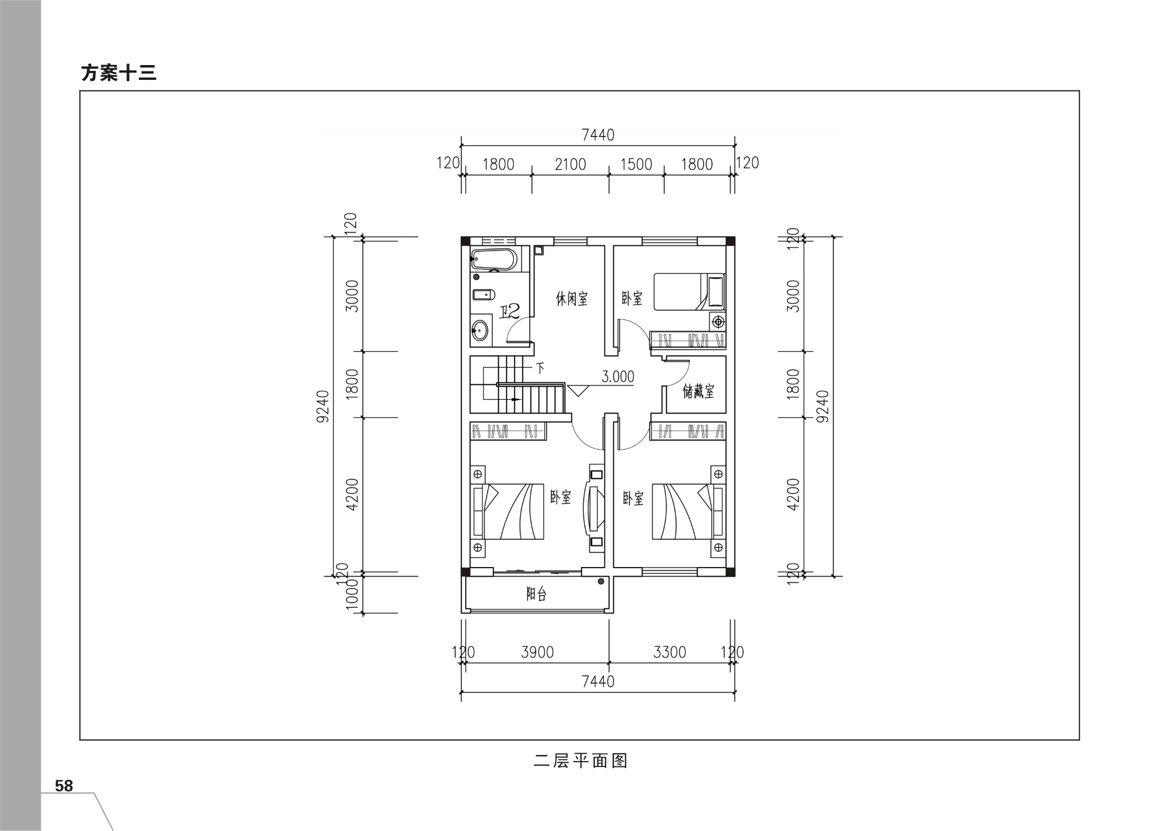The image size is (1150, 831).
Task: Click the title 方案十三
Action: pyautogui.click(x=119, y=73)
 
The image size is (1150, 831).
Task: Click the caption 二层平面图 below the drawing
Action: pyautogui.click(x=581, y=761)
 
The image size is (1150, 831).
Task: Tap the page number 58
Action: pyautogui.click(x=64, y=786)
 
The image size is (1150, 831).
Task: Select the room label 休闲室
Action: pyautogui.click(x=572, y=299)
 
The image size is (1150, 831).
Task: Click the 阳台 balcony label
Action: pyautogui.click(x=537, y=594)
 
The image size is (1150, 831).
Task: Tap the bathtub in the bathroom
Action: pyautogui.click(x=494, y=259)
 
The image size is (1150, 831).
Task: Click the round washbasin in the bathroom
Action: pyautogui.click(x=480, y=331)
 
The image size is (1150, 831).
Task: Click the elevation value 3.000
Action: pyautogui.click(x=618, y=377)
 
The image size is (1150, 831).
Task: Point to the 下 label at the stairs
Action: pyautogui.click(x=540, y=368)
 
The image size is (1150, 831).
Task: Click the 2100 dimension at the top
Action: pyautogui.click(x=571, y=165)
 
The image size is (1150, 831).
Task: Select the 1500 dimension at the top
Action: pyautogui.click(x=636, y=165)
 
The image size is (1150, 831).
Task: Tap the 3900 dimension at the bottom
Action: pyautogui.click(x=537, y=652)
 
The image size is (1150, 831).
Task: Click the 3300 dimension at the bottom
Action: pyautogui.click(x=669, y=652)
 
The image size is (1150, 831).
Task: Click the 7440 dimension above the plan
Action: pyautogui.click(x=598, y=135)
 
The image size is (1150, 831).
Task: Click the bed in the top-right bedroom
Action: pyautogui.click(x=689, y=291)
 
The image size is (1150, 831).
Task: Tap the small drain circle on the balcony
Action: pyautogui.click(x=601, y=582)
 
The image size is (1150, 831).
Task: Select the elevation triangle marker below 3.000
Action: pyautogui.click(x=578, y=390)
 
